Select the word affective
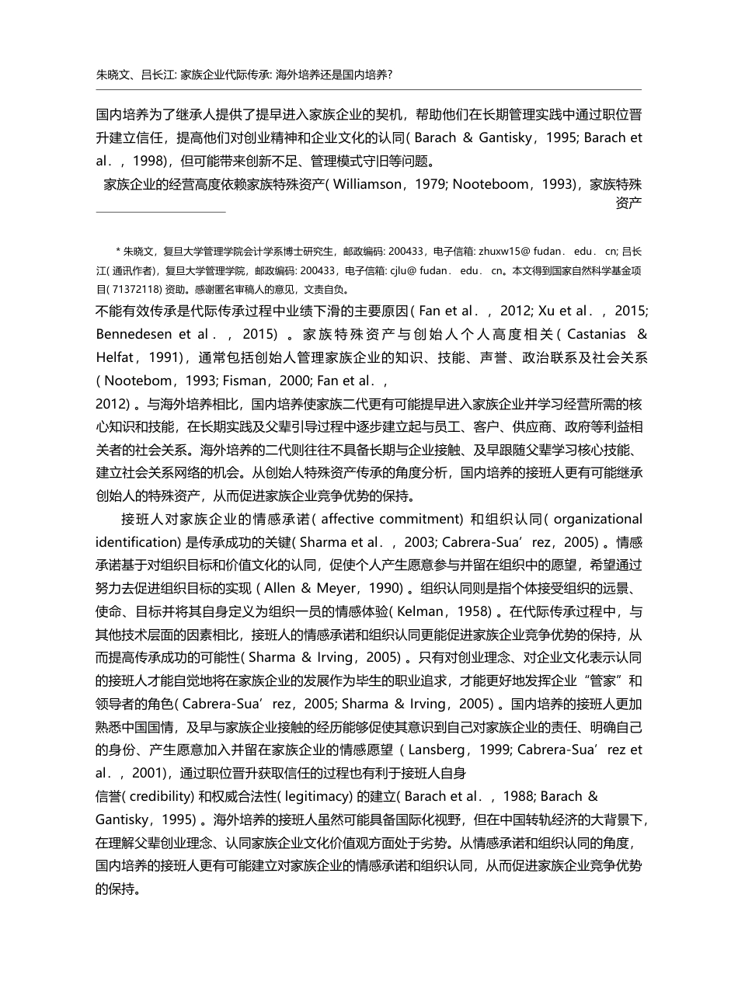point(346,519)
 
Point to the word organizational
point(599,519)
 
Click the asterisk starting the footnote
point(118,251)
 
